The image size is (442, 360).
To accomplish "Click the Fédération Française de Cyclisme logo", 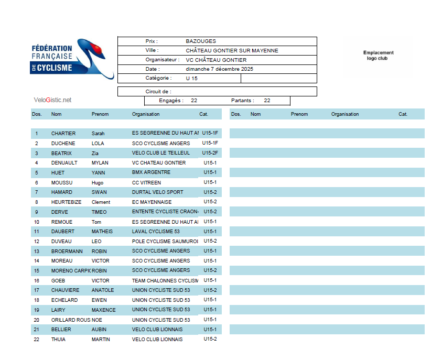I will click(x=71, y=59).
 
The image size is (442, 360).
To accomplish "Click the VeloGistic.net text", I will click(x=52, y=100).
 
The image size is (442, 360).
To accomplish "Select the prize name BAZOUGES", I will click(x=201, y=41).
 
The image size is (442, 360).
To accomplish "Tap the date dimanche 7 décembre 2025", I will click(x=219, y=69).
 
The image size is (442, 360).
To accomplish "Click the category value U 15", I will click(x=192, y=79).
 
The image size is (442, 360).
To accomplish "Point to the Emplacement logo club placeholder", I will click(x=378, y=56).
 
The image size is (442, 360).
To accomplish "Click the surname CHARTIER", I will click(x=63, y=134).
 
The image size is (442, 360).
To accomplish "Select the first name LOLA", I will click(x=98, y=143).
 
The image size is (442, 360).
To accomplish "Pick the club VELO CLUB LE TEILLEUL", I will click(x=161, y=153).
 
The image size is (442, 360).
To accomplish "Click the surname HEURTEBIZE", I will click(x=66, y=202).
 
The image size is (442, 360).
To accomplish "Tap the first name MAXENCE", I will click(x=103, y=310).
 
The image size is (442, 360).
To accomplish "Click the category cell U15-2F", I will click(x=210, y=153).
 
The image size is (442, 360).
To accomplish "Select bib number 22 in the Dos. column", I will click(x=37, y=340).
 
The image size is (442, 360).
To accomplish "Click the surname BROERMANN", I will click(x=67, y=251).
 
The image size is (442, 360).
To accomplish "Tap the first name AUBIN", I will click(x=99, y=330).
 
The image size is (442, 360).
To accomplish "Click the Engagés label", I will click(x=171, y=101).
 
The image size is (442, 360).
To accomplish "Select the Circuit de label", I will click(x=158, y=92).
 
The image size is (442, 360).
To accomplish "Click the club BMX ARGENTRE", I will click(x=152, y=172).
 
